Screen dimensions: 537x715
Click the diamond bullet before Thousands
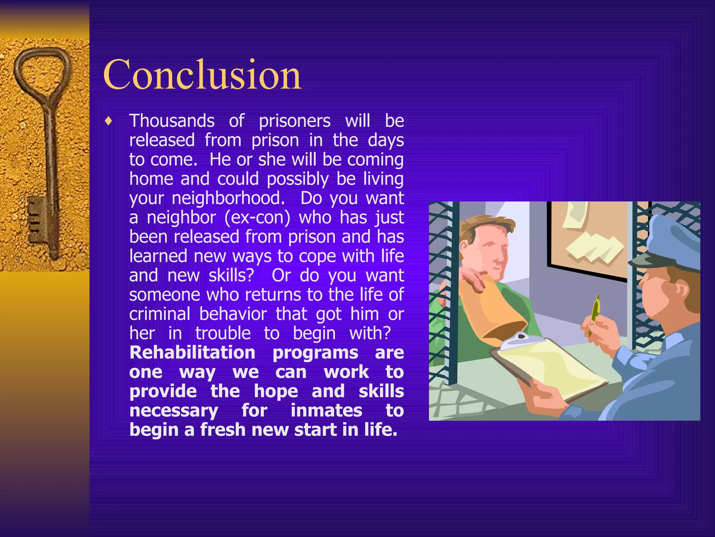109,122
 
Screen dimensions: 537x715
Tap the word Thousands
172,121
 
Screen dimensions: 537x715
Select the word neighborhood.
228,198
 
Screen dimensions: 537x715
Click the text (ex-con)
257,217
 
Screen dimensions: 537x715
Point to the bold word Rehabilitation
192,352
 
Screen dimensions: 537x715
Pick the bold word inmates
326,410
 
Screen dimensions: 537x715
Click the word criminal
160,314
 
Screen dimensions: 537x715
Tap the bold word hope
276,391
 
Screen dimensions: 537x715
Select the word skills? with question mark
231,275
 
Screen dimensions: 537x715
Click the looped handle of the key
42,70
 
